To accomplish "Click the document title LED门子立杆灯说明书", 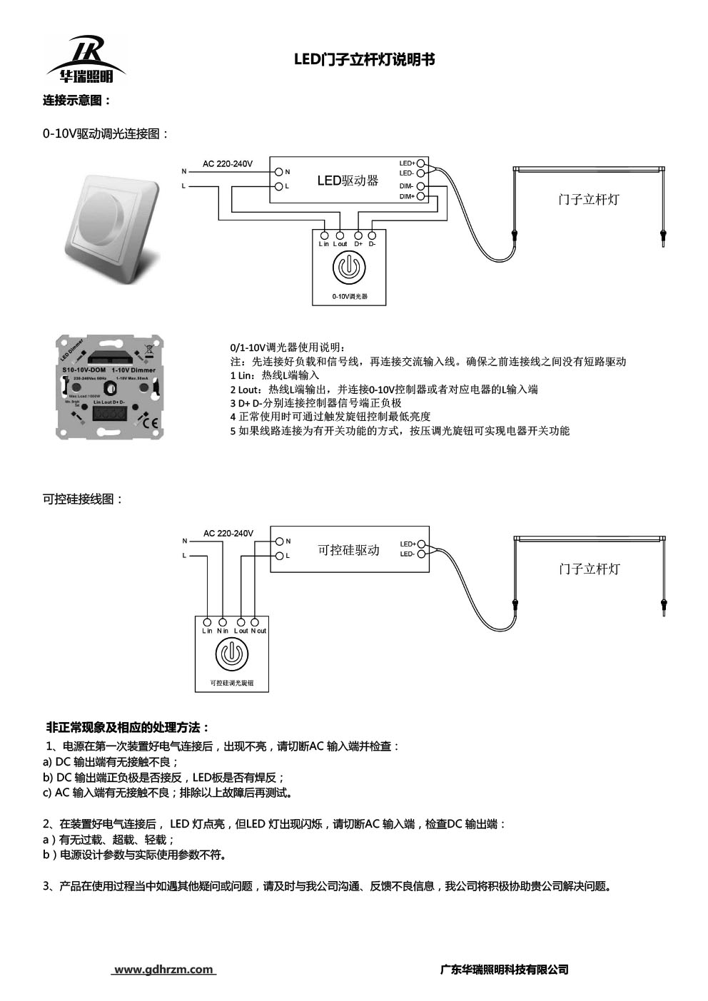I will point(365,61).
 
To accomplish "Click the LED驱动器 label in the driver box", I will point(348,181).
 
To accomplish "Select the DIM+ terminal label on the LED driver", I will point(407,196).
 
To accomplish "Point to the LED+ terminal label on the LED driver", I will point(407,163).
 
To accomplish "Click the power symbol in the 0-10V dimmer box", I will point(350,270).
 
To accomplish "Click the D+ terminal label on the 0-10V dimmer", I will point(358,244).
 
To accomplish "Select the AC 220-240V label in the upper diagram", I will point(228,164).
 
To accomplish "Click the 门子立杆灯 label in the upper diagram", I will point(588,200).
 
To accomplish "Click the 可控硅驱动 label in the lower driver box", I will point(348,551).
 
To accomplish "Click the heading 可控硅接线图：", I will point(84,499).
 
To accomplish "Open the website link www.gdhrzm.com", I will point(164,969).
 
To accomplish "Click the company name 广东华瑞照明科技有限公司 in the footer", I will point(505,969).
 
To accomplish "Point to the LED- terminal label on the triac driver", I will point(407,554).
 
